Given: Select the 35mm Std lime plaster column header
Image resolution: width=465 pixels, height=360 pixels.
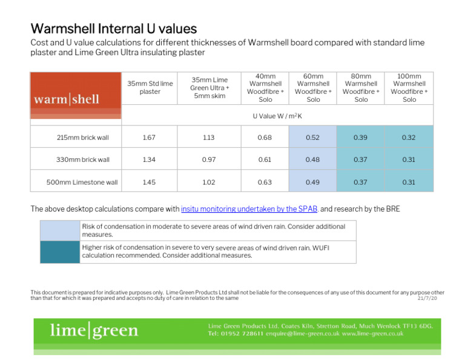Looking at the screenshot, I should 150,87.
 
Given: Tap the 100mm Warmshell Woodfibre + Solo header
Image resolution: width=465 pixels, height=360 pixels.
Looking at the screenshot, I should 409,88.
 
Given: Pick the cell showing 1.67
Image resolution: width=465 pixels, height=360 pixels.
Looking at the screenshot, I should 148,138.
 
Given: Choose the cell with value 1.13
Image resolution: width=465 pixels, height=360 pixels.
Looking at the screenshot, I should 209,138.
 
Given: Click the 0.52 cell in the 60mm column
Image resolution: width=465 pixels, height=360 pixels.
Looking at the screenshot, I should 313,138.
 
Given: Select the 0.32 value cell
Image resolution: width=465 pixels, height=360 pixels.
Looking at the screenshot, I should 409,138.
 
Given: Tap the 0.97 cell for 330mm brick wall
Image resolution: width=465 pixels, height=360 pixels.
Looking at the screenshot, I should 209,159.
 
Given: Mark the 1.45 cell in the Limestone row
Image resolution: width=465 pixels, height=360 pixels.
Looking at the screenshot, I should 148,182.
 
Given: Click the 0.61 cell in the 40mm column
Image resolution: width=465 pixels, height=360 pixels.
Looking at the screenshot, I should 265,159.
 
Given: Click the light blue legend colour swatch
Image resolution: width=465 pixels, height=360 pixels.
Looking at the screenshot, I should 60,230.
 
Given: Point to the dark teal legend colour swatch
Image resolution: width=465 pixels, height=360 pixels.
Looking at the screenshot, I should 60,252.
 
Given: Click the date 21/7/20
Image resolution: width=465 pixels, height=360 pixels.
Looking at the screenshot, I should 427,298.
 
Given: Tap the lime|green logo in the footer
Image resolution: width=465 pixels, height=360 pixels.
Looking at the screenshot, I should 94,330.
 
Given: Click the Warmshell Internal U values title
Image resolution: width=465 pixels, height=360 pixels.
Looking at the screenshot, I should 113,28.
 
